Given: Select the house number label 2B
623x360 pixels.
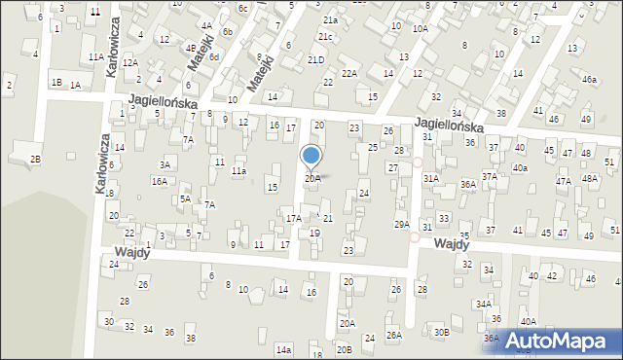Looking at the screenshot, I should coord(35,159).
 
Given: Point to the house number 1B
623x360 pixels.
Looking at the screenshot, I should coord(56,83).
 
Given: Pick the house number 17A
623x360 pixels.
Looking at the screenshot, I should coord(293,219).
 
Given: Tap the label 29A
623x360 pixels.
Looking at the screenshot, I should coord(401,225).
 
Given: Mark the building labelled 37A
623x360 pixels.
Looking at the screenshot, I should coord(490,177).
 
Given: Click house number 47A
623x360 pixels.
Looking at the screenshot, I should coord(563,181).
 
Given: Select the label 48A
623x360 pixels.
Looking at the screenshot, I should coord(589,179).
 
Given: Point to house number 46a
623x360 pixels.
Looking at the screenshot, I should coord(590,79).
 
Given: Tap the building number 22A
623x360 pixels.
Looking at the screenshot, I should coord(348,73).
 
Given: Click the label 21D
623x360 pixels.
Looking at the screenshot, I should coord(315,59).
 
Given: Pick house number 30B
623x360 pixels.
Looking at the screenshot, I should coord(441,332).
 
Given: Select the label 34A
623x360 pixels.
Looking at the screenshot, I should coord(483,304).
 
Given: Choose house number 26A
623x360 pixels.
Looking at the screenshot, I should coord(393,335).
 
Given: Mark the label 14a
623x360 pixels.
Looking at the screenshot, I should coord(283,349).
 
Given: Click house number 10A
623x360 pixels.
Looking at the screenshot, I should coord(420,29).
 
